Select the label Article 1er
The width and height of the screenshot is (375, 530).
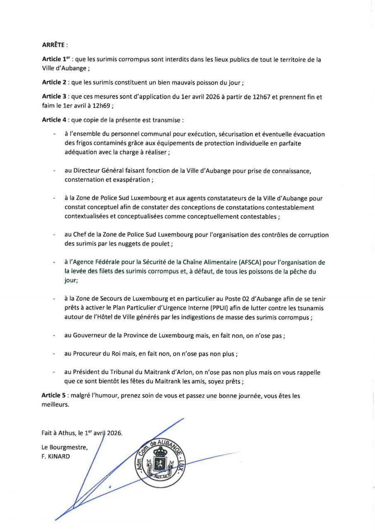click(x=55, y=60)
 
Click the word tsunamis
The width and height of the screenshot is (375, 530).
click(x=312, y=308)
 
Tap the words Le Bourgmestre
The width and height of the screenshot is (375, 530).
click(x=64, y=447)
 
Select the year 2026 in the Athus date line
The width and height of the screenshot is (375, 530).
click(x=114, y=434)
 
